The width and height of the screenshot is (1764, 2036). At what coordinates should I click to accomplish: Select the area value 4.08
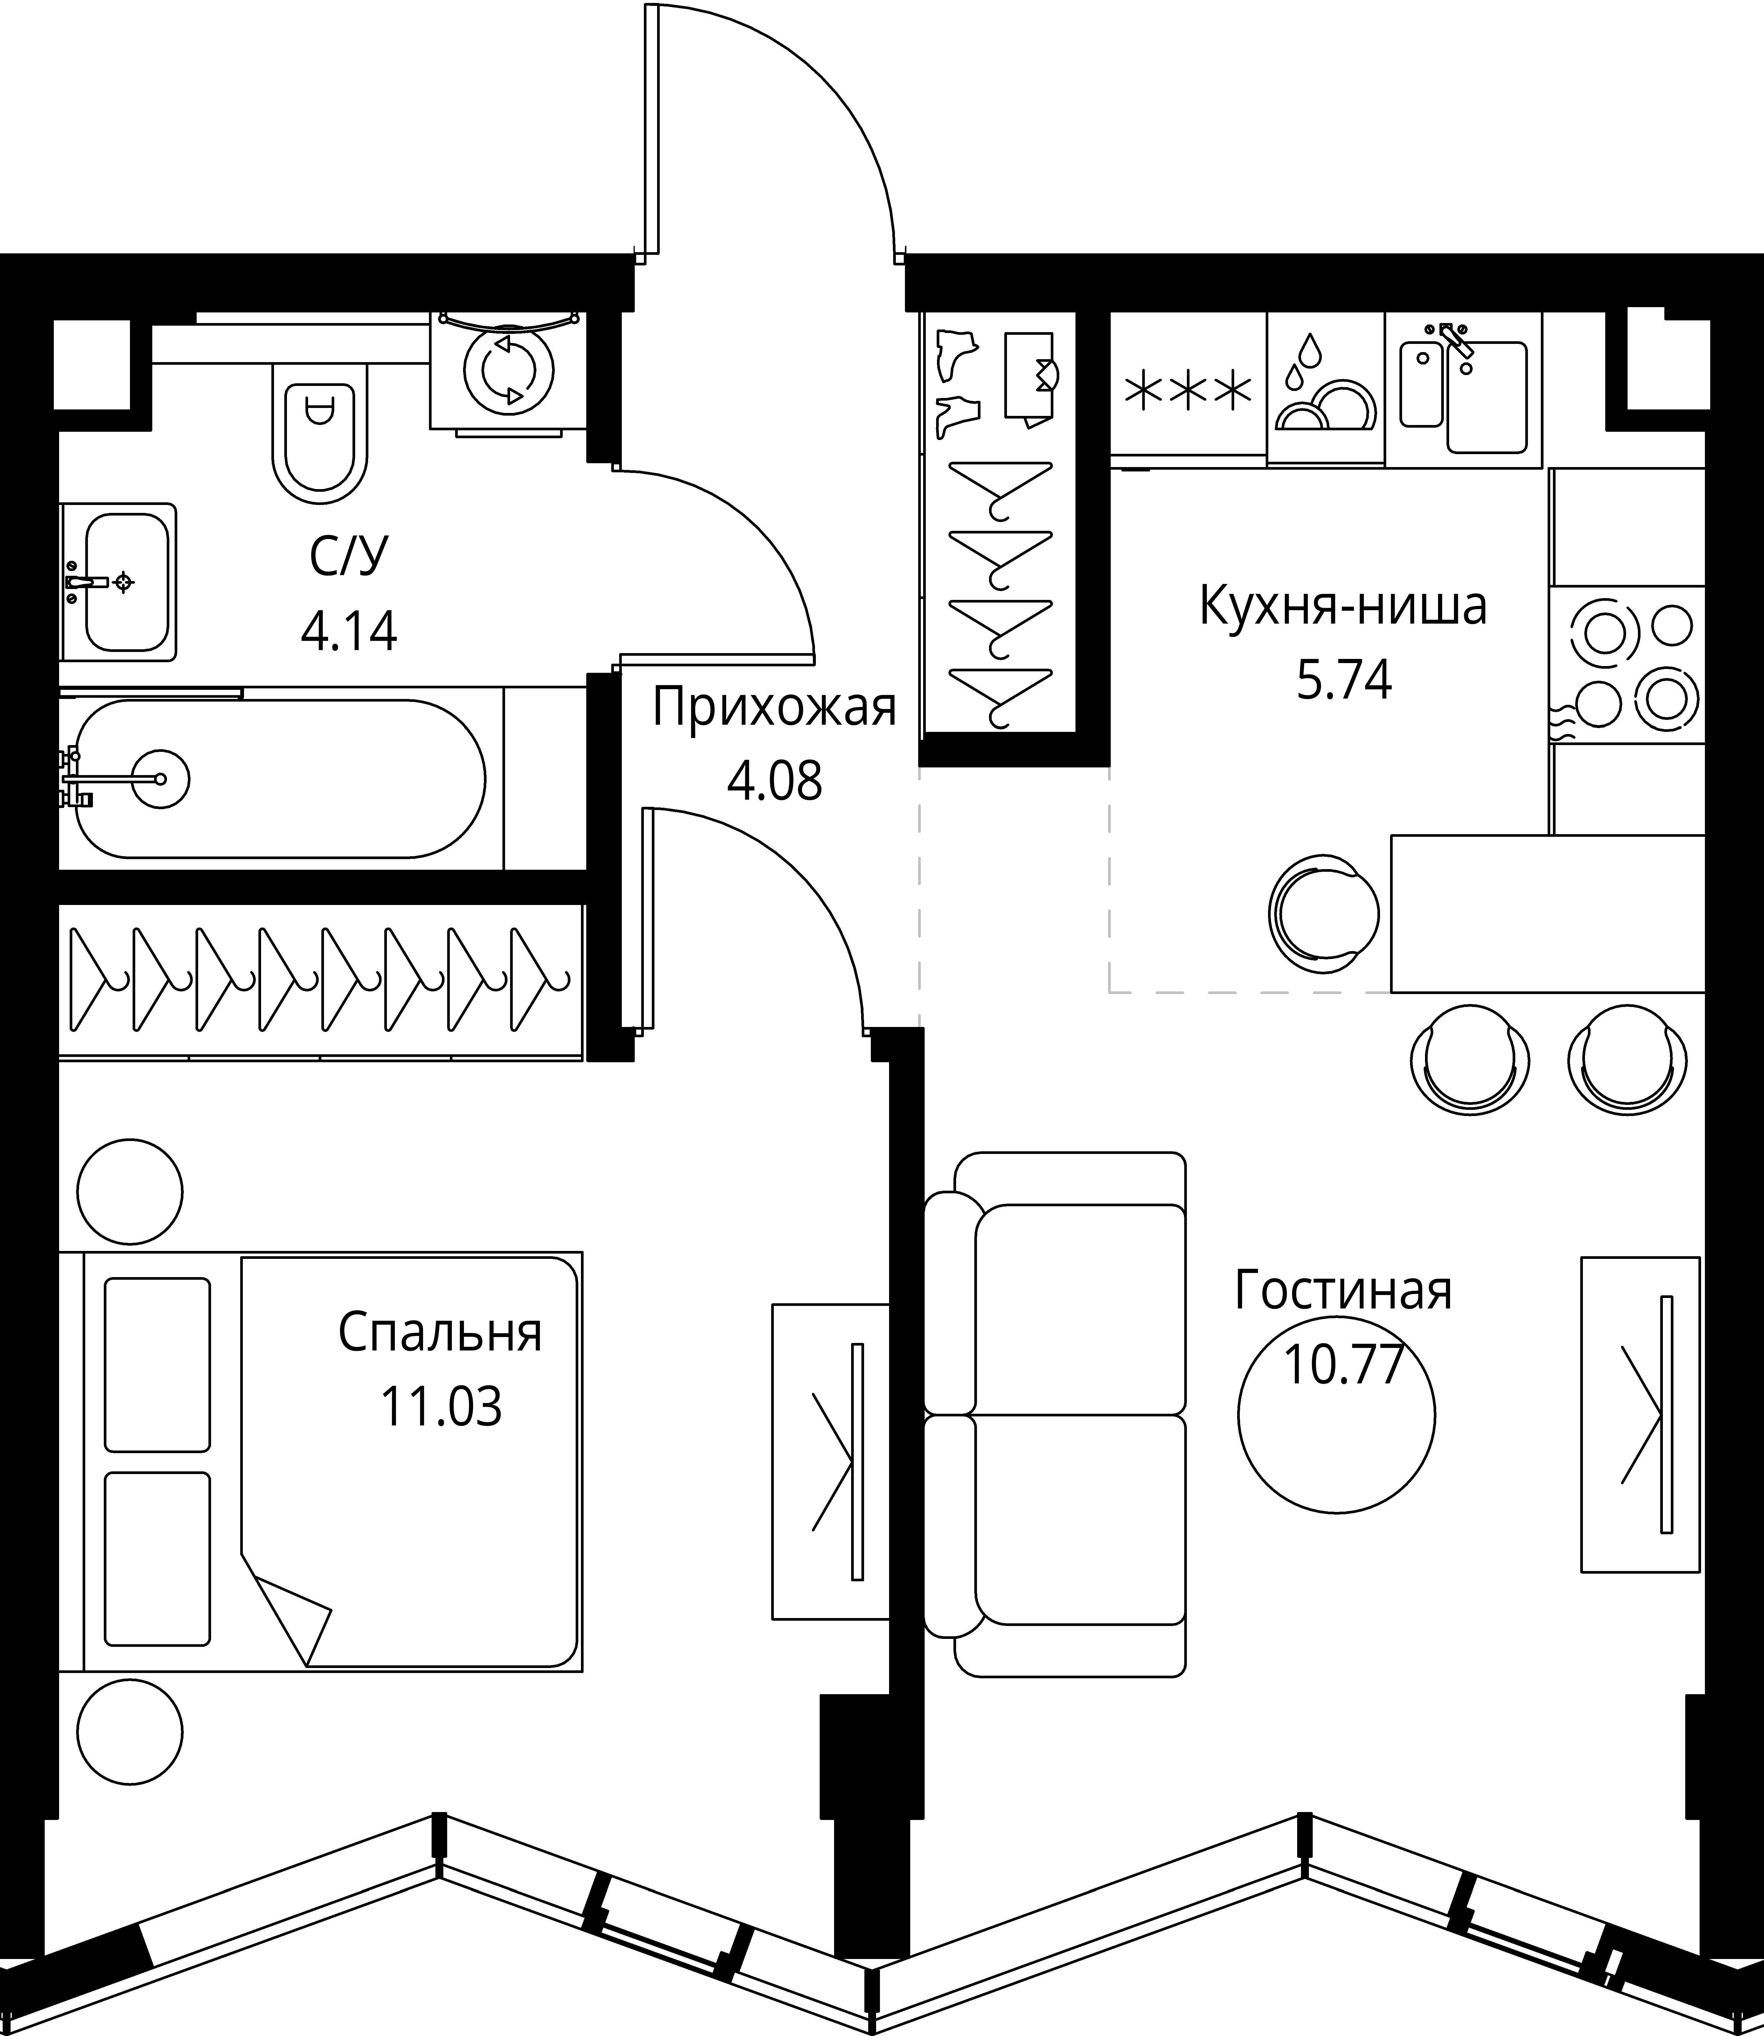click(775, 783)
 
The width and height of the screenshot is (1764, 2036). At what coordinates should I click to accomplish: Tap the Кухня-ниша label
click(1343, 607)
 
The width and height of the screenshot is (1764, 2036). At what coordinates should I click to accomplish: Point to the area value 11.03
click(441, 1407)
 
